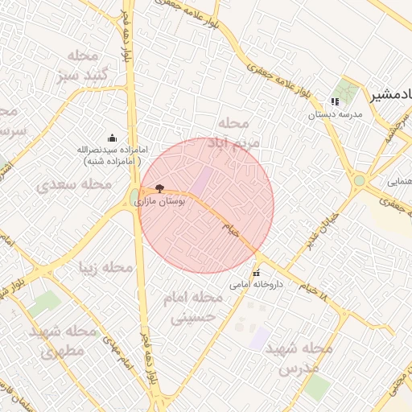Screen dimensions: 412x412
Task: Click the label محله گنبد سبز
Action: tap(78, 67)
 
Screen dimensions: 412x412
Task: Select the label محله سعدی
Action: tap(74, 184)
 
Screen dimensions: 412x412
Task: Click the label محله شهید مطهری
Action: tap(63, 340)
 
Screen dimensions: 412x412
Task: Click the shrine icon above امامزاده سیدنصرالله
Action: tap(111, 138)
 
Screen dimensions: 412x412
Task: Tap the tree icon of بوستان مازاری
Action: tap(159, 187)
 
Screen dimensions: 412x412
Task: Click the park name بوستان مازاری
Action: tap(161, 201)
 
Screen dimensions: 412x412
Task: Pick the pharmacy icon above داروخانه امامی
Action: tap(257, 274)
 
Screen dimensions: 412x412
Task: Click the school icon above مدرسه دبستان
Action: tap(334, 102)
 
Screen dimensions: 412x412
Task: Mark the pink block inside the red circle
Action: tap(201, 180)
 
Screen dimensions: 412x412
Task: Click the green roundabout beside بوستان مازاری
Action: tap(134, 197)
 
